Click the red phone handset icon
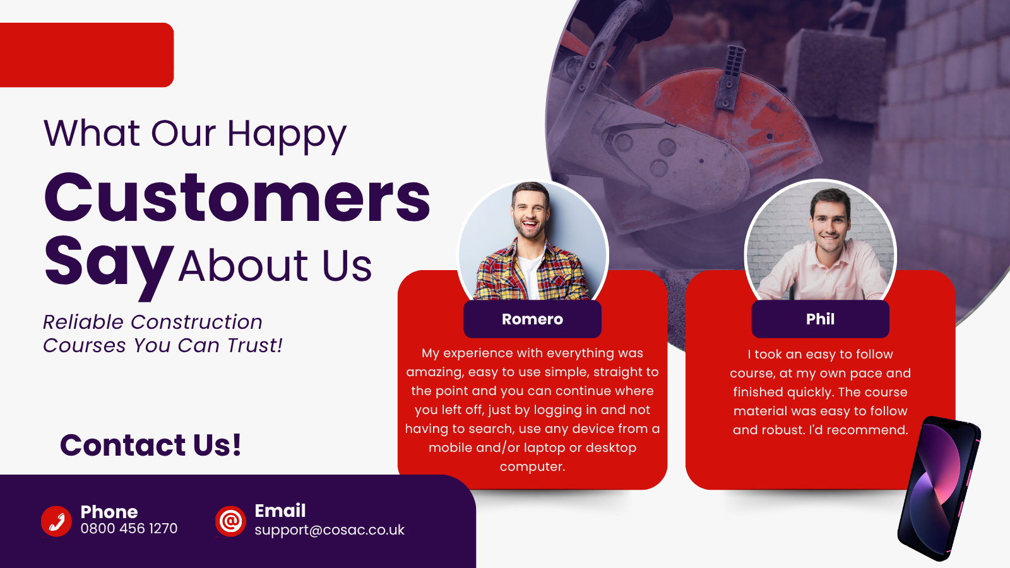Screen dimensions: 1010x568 56,521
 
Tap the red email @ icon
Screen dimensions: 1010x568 230,521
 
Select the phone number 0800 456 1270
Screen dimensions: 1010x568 129,528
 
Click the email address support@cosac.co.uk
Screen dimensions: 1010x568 330,530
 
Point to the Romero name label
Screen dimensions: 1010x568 533,319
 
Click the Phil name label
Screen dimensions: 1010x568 820,319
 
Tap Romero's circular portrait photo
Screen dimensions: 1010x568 533,241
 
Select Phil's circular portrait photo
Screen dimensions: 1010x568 820,241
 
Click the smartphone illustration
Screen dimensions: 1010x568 939,488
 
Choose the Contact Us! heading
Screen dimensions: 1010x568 151,445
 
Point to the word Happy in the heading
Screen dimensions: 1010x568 287,135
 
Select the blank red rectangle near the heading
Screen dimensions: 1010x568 86,55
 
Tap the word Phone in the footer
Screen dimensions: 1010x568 109,512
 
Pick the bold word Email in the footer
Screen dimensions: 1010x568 280,511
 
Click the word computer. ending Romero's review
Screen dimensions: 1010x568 533,466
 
